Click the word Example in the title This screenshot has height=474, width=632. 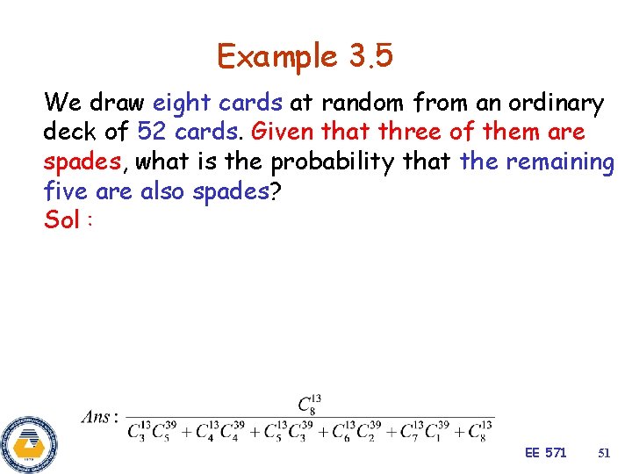[x=277, y=58]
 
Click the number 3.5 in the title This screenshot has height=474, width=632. [x=371, y=58]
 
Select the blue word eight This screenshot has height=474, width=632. [x=181, y=104]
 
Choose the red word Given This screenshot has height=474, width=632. [x=280, y=133]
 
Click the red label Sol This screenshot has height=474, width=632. [x=63, y=220]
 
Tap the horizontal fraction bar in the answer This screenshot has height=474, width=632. [x=310, y=417]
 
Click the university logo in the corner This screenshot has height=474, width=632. [x=29, y=442]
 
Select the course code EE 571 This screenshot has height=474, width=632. [x=545, y=452]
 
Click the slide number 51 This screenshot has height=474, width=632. [x=603, y=452]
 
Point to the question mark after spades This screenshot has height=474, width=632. [x=276, y=191]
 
